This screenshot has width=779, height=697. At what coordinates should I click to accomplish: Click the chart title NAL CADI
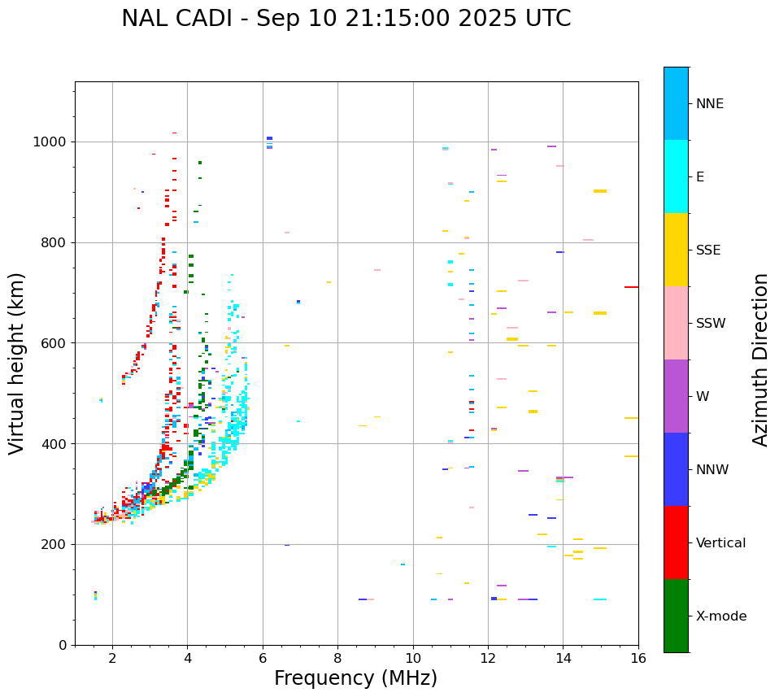point(346,19)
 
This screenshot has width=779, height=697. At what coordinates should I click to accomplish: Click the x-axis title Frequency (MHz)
point(355,678)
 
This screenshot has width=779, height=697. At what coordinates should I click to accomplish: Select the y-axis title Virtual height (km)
point(17,363)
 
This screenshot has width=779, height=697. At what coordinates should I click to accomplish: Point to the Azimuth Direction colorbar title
point(760,359)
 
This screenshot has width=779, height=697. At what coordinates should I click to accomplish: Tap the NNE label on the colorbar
point(709,104)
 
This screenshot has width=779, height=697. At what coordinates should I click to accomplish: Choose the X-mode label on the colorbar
point(721,616)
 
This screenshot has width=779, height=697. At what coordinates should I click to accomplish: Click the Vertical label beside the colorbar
point(720,543)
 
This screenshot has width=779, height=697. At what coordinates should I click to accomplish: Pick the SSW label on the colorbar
point(711,324)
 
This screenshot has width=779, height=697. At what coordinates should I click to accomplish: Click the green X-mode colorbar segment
point(676,616)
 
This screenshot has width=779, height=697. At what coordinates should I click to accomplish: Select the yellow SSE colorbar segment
point(676,250)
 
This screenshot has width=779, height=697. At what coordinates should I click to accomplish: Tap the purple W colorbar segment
point(676,396)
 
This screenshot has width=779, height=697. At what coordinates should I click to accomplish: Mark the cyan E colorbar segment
point(676,176)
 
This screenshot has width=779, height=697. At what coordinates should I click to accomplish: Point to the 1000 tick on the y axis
point(51,142)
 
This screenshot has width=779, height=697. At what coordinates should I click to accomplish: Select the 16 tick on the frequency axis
point(638,658)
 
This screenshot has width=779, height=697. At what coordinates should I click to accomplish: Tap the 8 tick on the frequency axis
point(337,658)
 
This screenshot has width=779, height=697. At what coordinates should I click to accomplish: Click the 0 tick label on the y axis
point(63,645)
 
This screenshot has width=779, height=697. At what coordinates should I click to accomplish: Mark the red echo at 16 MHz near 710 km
point(631,287)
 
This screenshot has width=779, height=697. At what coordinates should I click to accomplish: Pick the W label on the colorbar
point(702,397)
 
